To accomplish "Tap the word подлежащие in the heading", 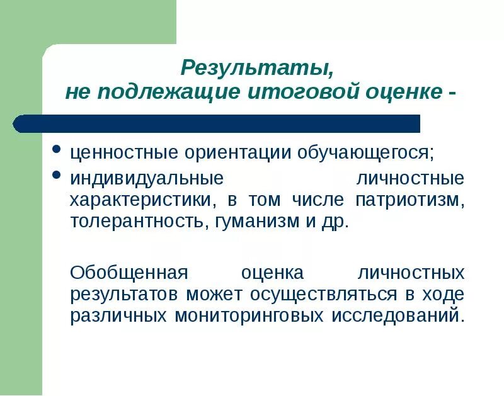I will tap(166, 91).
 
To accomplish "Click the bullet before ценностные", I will tap(56, 150).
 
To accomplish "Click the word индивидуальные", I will tap(147, 178).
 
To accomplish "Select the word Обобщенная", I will tap(130, 273).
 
